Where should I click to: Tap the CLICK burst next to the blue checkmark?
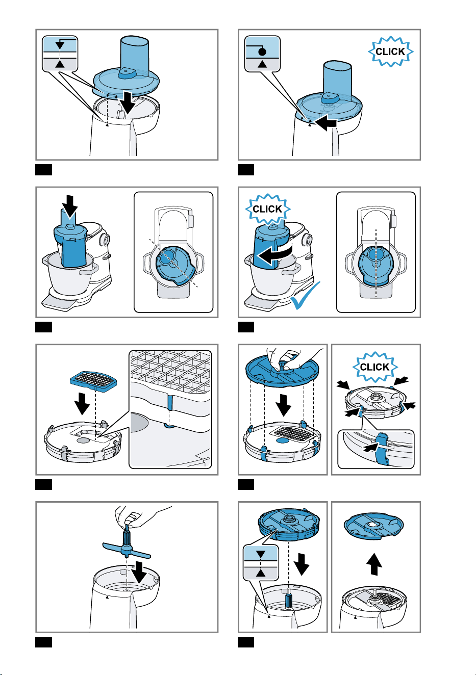(x=267, y=209)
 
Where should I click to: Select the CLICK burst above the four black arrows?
(x=375, y=367)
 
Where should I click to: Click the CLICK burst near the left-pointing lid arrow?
(x=390, y=51)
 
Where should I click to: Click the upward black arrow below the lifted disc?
(x=374, y=564)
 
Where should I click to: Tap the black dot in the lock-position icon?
(x=262, y=51)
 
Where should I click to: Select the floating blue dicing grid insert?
(x=93, y=381)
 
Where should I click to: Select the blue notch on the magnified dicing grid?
(x=169, y=403)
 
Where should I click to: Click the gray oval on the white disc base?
(x=83, y=440)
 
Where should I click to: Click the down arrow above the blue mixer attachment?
(x=70, y=206)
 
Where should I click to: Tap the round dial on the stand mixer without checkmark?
(x=105, y=240)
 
